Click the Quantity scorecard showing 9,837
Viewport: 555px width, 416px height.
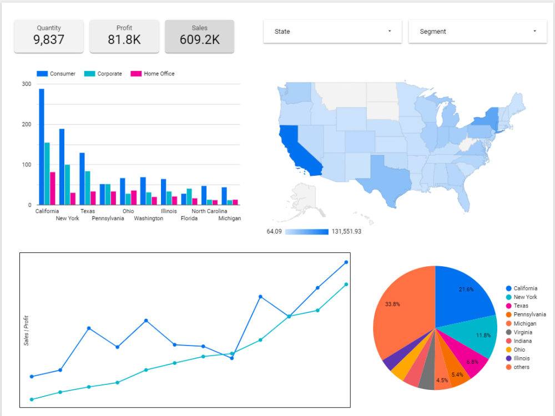49,36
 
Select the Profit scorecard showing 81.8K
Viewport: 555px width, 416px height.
124,36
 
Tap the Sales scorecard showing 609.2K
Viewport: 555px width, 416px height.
199,36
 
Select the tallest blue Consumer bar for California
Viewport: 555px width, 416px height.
42,146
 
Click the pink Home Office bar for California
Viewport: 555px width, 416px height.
53,188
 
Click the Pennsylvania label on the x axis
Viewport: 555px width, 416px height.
108,219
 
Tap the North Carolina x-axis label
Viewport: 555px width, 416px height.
210,211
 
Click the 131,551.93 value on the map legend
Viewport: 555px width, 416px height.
346,231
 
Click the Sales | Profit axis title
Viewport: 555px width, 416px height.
26,331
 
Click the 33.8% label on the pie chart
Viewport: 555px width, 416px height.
392,304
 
